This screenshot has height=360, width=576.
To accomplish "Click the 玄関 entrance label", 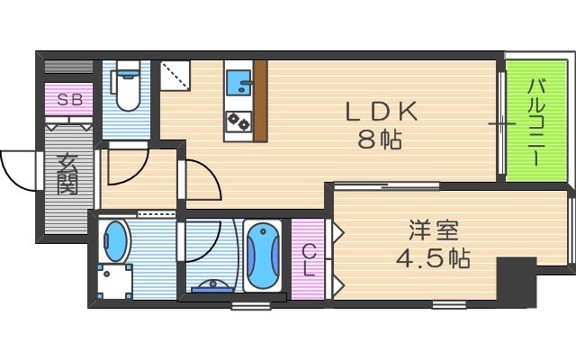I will point(67,175).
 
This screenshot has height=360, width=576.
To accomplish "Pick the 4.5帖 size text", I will point(432,258).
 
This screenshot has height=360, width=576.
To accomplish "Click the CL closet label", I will point(308,259).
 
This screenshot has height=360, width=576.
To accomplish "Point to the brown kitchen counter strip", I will point(261,101).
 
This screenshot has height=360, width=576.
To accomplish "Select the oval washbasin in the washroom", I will point(116,240).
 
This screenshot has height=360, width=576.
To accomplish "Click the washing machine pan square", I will point(113,283).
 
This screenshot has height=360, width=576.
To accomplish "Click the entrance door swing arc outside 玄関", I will point(20,166).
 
